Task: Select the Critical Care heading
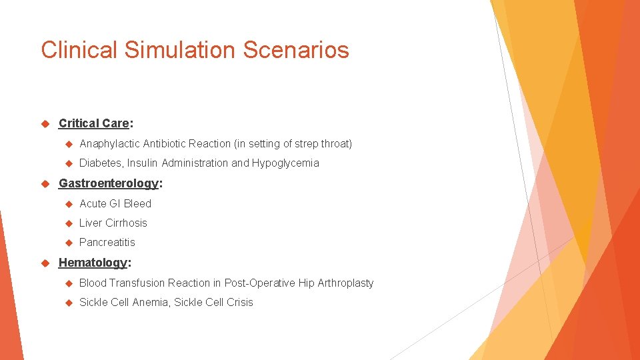click(94, 123)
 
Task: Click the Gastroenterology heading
click(109, 183)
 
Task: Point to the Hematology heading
click(93, 263)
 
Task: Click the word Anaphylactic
click(109, 143)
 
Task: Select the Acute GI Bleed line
click(115, 203)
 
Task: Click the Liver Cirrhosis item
click(113, 223)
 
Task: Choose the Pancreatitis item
click(107, 242)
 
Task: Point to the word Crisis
click(238, 302)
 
